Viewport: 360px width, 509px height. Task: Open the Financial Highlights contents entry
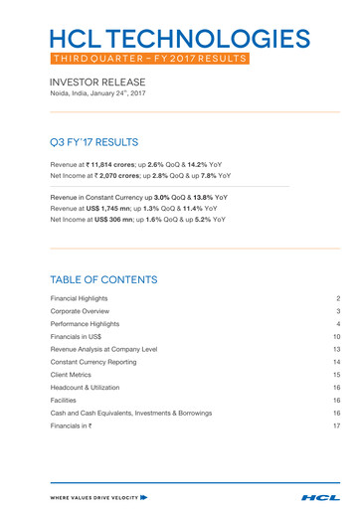pos(79,298)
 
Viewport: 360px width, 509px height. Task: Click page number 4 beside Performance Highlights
pos(338,324)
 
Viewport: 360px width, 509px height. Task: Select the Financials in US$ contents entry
pos(75,338)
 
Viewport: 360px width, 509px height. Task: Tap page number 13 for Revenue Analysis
pos(337,351)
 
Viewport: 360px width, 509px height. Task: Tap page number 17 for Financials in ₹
pos(337,425)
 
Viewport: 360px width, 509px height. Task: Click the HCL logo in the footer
pos(320,494)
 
